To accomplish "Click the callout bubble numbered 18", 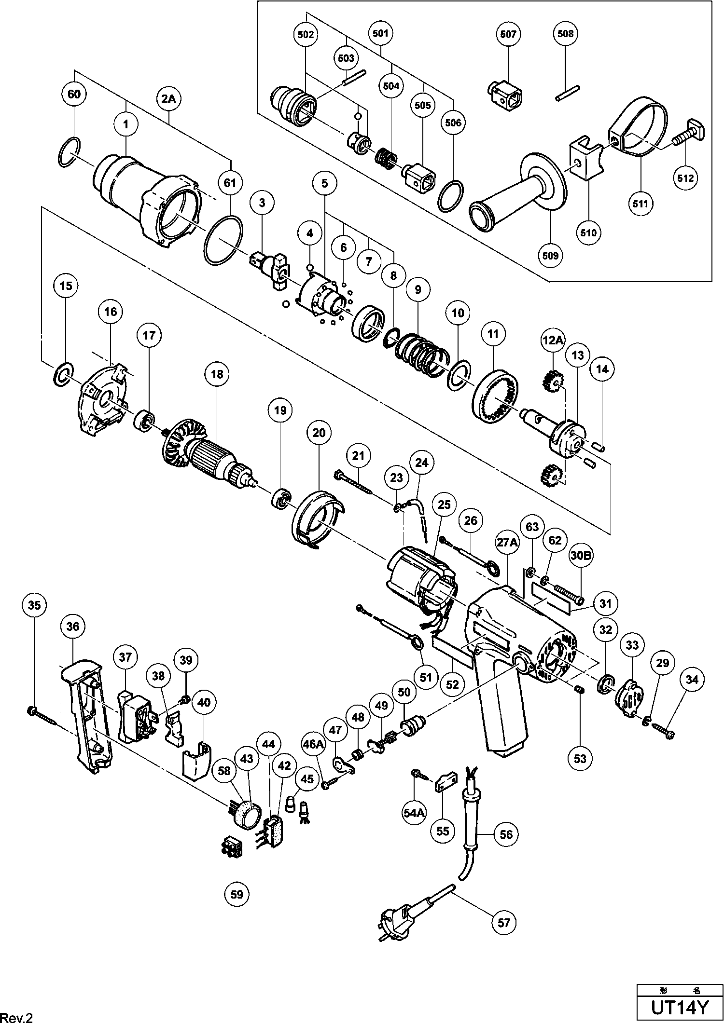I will [217, 374].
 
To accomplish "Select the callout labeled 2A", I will [168, 99].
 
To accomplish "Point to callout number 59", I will [237, 894].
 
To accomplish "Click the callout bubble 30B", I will [581, 556].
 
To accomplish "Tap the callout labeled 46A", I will [313, 745].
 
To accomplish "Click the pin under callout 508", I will [568, 94].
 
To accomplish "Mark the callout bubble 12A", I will [553, 341].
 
